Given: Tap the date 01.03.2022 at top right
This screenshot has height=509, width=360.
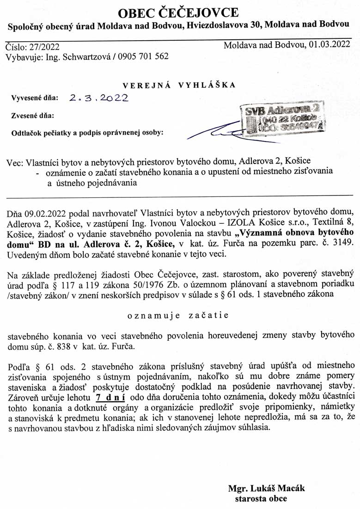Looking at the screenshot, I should (x=329, y=45).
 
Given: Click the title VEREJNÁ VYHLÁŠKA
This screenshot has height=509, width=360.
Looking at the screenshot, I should (x=179, y=85).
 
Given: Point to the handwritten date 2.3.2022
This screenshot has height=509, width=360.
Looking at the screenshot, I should (x=98, y=98).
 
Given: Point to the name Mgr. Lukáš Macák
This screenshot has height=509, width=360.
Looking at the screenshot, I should (x=267, y=489).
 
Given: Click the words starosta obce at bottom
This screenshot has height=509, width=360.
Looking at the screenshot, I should (x=261, y=499).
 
